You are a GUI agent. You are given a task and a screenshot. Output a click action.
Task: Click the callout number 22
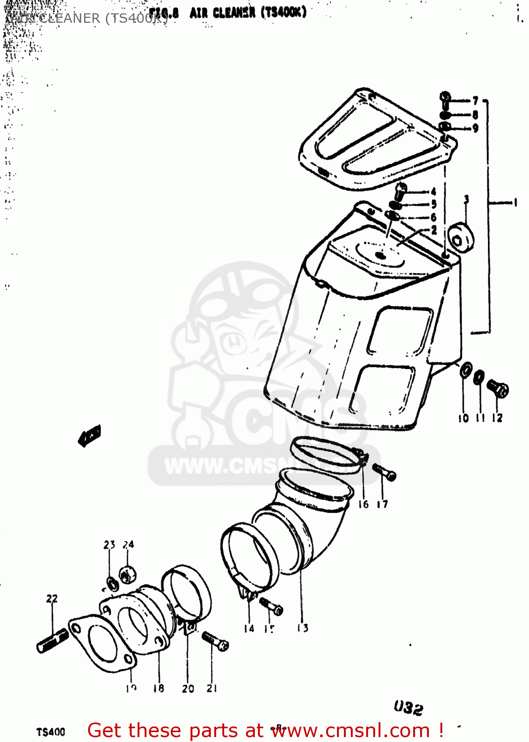[52, 599]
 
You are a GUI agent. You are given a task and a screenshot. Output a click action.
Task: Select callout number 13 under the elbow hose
[302, 628]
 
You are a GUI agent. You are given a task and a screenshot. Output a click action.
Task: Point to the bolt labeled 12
[498, 389]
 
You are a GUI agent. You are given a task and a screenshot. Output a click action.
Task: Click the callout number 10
[463, 418]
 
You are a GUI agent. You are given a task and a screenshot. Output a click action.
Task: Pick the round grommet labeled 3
[461, 237]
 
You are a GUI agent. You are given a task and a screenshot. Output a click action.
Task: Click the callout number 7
[475, 101]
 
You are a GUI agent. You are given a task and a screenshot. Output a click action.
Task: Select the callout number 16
[363, 504]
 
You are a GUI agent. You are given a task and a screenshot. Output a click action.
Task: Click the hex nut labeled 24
[128, 574]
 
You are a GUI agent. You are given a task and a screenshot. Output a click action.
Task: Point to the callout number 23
[109, 545]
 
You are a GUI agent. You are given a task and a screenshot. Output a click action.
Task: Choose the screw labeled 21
[215, 641]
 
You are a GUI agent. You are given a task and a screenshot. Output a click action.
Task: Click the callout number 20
[188, 688]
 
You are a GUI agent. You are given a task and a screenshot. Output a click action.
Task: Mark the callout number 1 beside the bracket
[515, 202]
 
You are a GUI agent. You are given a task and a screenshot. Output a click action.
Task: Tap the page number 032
[408, 708]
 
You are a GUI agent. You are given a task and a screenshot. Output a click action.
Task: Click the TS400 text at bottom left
[50, 732]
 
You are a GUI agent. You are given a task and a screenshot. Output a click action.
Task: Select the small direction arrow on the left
[90, 435]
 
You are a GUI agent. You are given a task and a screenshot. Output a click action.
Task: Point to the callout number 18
[158, 688]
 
